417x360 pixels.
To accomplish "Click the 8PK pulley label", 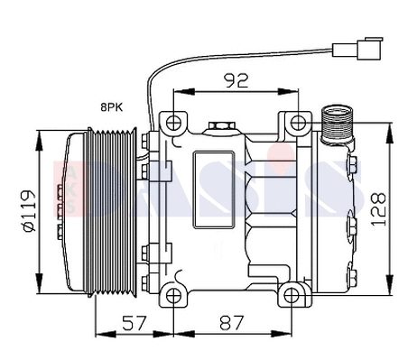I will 114,106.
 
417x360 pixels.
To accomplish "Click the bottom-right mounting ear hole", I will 292,294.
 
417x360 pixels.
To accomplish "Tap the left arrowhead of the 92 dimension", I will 174,92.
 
